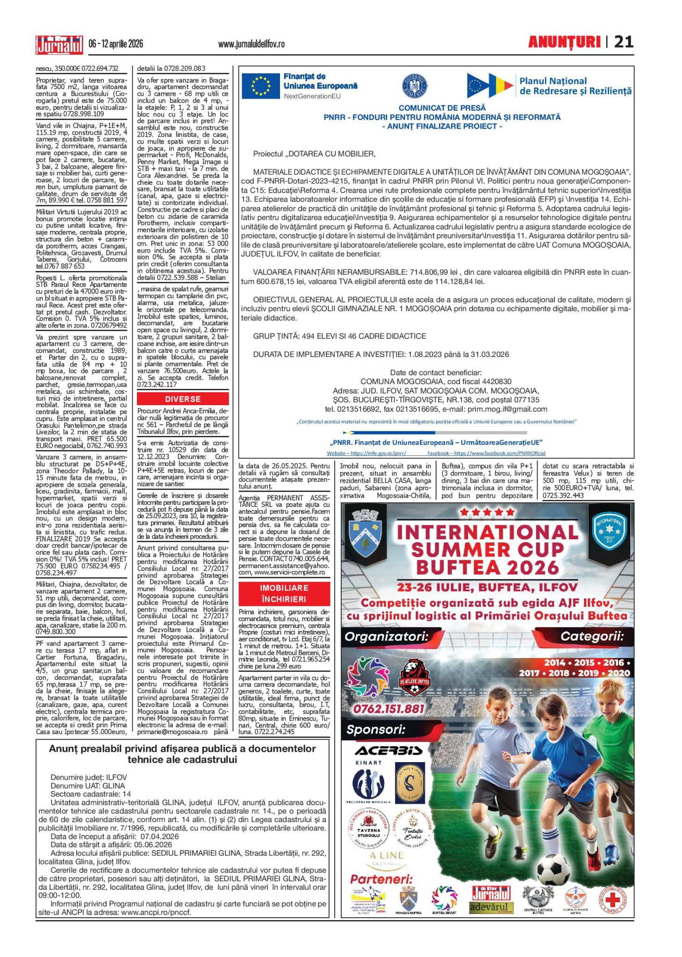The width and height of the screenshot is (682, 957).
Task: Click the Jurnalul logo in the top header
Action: coord(59,44)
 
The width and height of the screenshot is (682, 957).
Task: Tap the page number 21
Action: coord(624,42)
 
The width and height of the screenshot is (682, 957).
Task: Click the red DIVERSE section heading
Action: coord(183,399)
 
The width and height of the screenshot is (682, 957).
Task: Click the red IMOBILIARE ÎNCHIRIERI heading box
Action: coord(284,593)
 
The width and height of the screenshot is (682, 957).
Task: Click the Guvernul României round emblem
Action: coord(415,86)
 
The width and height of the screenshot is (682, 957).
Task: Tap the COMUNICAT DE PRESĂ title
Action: coord(442,108)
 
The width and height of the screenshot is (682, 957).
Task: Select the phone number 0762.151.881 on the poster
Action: coord(388,709)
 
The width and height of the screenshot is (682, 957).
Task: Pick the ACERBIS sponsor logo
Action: coord(389,750)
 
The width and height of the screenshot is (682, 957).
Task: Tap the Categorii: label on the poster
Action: coord(592,636)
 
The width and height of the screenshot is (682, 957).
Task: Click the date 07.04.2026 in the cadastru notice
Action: coord(159,836)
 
